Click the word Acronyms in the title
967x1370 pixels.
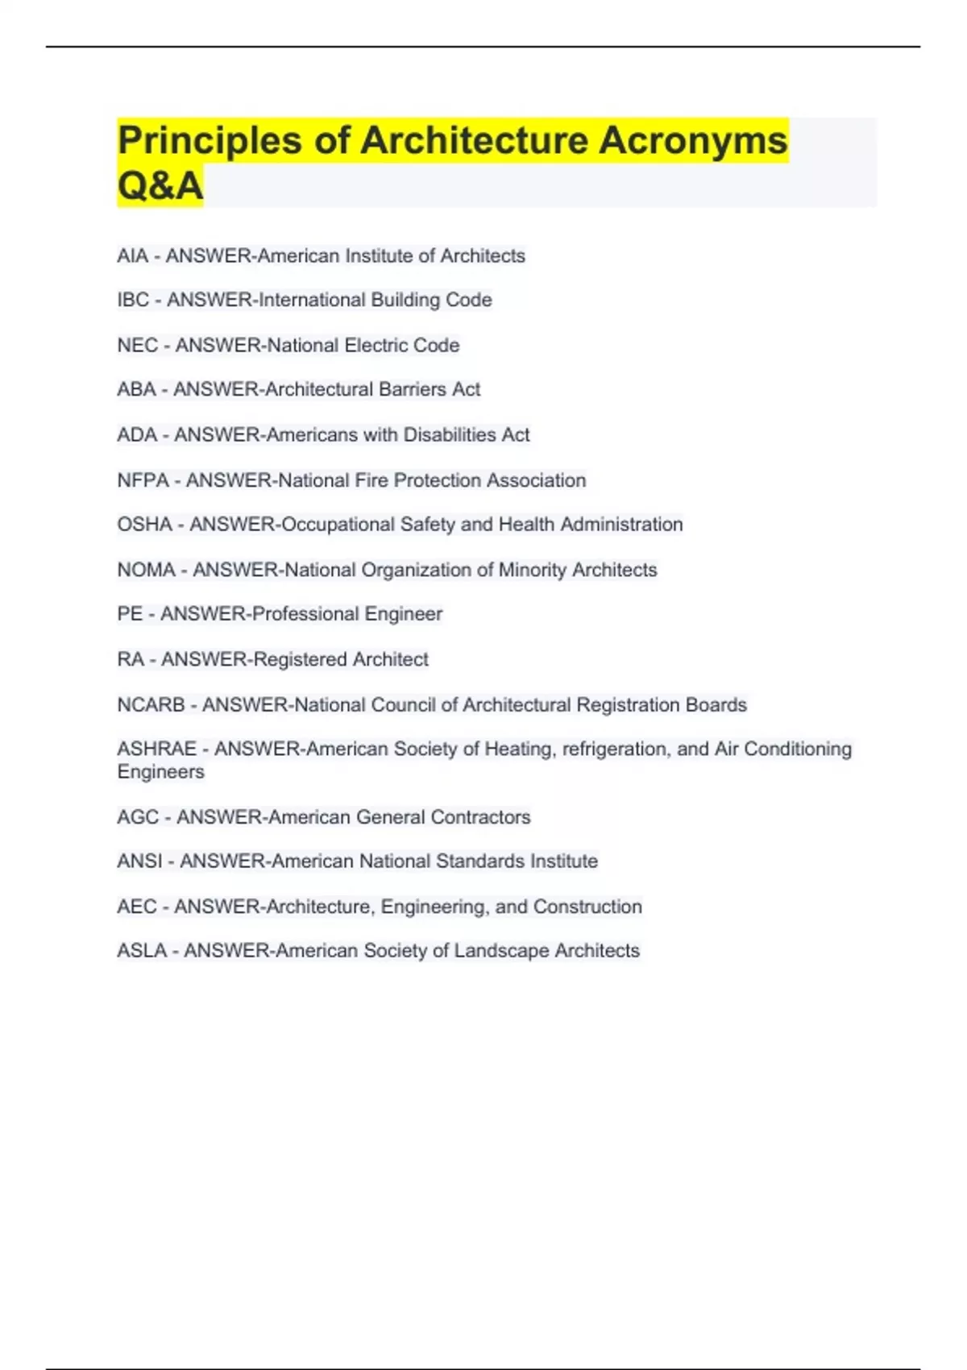coord(692,141)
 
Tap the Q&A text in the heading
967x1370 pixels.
coord(160,186)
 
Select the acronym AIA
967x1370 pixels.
coord(132,256)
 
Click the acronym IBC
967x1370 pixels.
coord(133,301)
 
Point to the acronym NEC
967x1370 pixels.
coord(137,346)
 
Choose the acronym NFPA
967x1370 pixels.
coord(143,480)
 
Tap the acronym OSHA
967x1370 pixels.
coord(144,525)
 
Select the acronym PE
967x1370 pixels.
coord(130,614)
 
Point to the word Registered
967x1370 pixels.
coord(298,659)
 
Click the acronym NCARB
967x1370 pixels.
coord(151,705)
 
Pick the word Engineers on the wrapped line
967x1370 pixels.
coord(160,772)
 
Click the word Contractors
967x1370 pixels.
coord(480,817)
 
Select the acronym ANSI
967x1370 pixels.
coord(139,861)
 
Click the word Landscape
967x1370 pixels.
coord(501,951)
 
